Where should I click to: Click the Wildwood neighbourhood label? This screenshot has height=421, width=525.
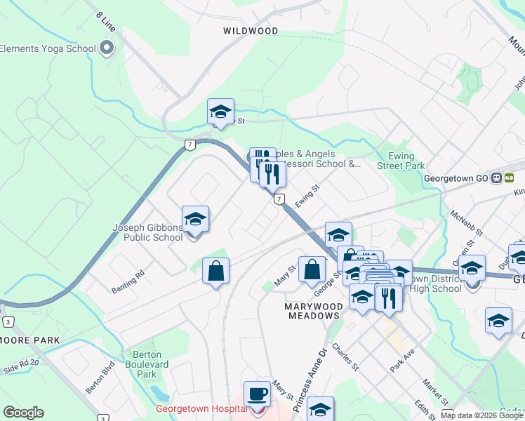tap(251, 31)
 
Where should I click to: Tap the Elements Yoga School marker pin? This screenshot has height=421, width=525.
tap(107, 48)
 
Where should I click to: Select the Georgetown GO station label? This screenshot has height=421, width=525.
tap(456, 178)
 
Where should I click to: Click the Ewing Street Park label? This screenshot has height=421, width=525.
tap(401, 161)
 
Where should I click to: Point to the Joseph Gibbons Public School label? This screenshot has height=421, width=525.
tap(148, 232)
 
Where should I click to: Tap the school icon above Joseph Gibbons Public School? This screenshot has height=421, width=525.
tap(195, 218)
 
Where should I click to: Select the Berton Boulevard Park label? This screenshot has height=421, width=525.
tap(147, 364)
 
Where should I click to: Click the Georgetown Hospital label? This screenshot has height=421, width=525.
tap(201, 408)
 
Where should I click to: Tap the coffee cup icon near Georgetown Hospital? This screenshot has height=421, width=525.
tap(257, 394)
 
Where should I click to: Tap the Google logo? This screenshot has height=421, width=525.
tap(23, 413)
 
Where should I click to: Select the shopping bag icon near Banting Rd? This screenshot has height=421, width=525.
tap(216, 270)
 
